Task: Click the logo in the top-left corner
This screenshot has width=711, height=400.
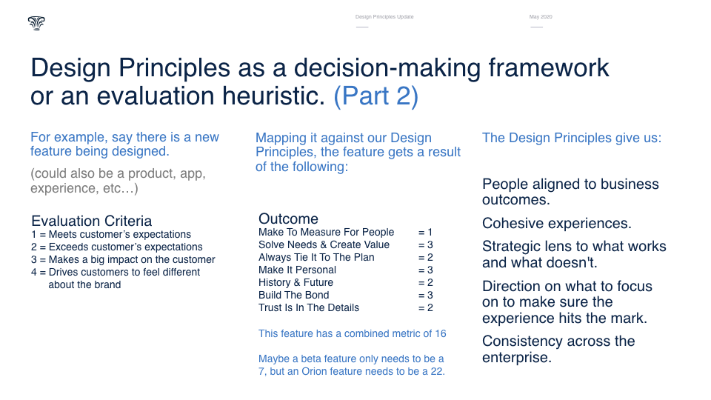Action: pos(36,23)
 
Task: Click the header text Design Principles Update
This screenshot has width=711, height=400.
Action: pos(384,17)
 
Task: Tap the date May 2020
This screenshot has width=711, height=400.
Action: pos(541,17)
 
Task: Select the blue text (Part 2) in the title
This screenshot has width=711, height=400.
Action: pos(376,96)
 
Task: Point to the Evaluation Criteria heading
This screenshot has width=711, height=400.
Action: pos(92,221)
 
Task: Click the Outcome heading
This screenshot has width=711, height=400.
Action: pos(288,219)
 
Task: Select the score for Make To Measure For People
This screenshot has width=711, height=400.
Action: pos(425,232)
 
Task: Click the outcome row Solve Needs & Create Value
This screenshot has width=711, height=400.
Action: pos(324,245)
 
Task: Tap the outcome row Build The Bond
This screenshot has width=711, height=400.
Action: pos(294,296)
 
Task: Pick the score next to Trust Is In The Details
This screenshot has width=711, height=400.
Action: pos(425,308)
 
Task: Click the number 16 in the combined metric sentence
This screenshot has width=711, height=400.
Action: pos(441,334)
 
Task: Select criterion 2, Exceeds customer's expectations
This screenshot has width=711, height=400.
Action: pos(117,247)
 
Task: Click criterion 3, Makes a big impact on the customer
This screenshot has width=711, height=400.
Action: pos(124,260)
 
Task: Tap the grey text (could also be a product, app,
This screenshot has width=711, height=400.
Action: pos(118,173)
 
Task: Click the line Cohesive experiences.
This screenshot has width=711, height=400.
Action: pos(557,224)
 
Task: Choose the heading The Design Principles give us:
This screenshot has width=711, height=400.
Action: pos(572,138)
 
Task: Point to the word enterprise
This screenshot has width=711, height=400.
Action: pos(517,358)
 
